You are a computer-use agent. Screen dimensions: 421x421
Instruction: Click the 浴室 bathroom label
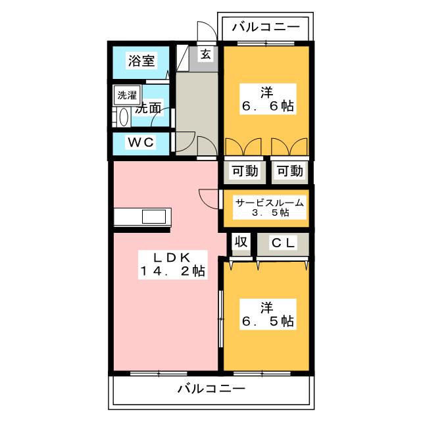tap(141, 61)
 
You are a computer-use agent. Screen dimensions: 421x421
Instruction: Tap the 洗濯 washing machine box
tap(127, 95)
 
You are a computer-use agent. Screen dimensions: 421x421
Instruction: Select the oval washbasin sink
tap(124, 117)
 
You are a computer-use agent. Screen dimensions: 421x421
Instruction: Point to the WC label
tap(141, 142)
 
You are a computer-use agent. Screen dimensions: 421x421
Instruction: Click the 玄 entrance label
tap(206, 55)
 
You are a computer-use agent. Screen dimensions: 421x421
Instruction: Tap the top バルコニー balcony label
tap(266, 27)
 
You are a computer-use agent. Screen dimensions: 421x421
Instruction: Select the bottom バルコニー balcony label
tap(211, 389)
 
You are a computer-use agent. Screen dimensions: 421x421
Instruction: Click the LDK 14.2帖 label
tap(172, 264)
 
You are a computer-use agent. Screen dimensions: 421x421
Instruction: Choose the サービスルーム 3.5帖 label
tap(270, 208)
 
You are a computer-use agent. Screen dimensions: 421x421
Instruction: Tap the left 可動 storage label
tap(245, 171)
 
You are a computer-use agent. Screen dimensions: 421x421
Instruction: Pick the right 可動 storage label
tap(290, 171)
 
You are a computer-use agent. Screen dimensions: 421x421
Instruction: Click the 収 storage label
tap(241, 241)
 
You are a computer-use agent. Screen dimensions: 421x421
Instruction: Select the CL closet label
tap(284, 243)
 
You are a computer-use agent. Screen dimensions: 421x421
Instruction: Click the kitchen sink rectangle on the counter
tap(154, 216)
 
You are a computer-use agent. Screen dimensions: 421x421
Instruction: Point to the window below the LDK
tap(159, 373)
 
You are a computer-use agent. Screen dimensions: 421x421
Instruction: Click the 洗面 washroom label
tap(148, 109)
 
